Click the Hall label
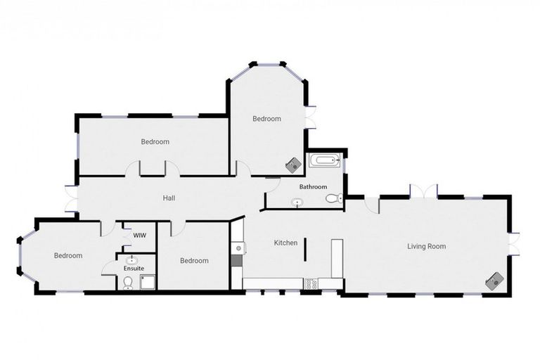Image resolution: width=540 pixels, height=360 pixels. (169, 198)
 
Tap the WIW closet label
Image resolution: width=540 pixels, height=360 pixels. (139, 235)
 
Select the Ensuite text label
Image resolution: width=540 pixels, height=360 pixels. (134, 268)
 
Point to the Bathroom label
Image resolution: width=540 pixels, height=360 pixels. (313, 187)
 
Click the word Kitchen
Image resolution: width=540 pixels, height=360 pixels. (285, 243)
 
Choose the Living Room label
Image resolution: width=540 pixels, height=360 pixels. (427, 246)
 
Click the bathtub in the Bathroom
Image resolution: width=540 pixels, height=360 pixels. (325, 162)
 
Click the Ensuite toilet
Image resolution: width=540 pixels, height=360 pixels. (127, 283)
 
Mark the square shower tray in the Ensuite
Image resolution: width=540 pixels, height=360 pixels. (148, 281)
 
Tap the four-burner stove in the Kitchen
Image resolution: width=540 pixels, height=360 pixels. (309, 283)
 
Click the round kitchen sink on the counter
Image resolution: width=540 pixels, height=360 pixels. (238, 248)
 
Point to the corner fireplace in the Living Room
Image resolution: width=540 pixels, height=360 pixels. (495, 280)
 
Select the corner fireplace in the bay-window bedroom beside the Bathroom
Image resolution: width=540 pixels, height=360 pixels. (293, 165)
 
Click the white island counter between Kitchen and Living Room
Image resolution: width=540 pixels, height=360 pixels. (336, 258)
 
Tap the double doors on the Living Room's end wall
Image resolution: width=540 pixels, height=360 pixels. (515, 244)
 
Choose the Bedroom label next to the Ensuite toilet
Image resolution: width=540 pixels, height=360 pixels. (194, 261)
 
